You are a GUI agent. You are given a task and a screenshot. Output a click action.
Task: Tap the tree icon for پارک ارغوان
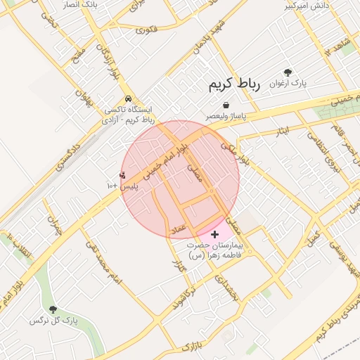tap(288, 72)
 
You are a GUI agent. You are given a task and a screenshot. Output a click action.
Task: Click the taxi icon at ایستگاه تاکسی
tap(128, 99)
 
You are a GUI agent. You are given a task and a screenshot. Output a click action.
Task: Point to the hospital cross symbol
tap(214, 233)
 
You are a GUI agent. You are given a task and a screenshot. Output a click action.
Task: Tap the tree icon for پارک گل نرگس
tap(53, 309)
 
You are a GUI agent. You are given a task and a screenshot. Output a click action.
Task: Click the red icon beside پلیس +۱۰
tap(123, 175)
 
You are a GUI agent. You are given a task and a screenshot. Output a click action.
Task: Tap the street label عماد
tap(176, 229)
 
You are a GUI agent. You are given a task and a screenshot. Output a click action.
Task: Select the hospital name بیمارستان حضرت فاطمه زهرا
tap(214, 251)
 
